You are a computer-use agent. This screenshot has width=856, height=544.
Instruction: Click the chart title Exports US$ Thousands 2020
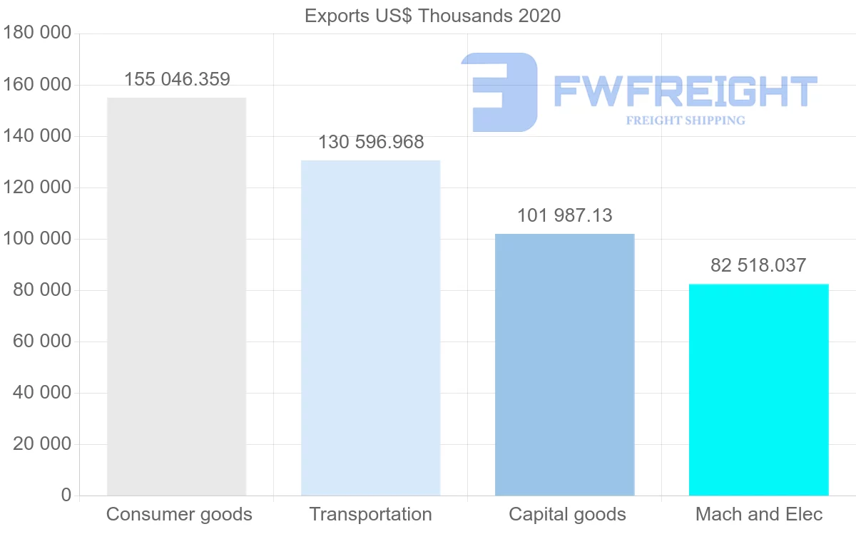(x=432, y=16)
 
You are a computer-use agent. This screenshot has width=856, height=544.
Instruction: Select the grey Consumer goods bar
(x=176, y=297)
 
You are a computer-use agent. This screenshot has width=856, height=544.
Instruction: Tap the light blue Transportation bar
(x=370, y=328)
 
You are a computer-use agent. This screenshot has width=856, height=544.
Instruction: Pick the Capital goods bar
(x=564, y=364)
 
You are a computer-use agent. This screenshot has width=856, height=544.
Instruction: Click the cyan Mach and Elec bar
(x=758, y=389)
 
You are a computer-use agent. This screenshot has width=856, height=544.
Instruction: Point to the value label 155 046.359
(x=177, y=79)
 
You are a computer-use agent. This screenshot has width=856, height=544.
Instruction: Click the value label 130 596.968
(x=371, y=142)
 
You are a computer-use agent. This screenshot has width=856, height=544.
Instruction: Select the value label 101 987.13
(x=564, y=215)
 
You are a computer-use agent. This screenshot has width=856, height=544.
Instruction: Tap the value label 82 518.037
(x=758, y=265)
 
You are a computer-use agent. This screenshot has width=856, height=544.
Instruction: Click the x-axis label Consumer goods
(x=179, y=514)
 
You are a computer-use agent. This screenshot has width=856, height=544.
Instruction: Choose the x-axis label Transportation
(x=370, y=514)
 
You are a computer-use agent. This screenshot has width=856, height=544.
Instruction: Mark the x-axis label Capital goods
(x=567, y=514)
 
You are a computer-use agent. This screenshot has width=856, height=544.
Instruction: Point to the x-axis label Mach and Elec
(x=759, y=514)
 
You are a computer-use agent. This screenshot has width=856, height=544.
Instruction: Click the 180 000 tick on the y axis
(x=37, y=34)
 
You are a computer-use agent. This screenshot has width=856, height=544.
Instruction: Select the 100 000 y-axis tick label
(x=37, y=239)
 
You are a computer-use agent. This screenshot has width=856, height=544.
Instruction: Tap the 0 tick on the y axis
(x=66, y=496)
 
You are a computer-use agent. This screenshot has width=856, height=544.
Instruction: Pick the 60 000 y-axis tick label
(x=42, y=342)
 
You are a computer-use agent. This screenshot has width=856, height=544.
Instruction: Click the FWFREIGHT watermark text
(x=685, y=92)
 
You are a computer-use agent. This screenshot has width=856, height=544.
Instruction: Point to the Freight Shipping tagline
(x=686, y=120)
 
